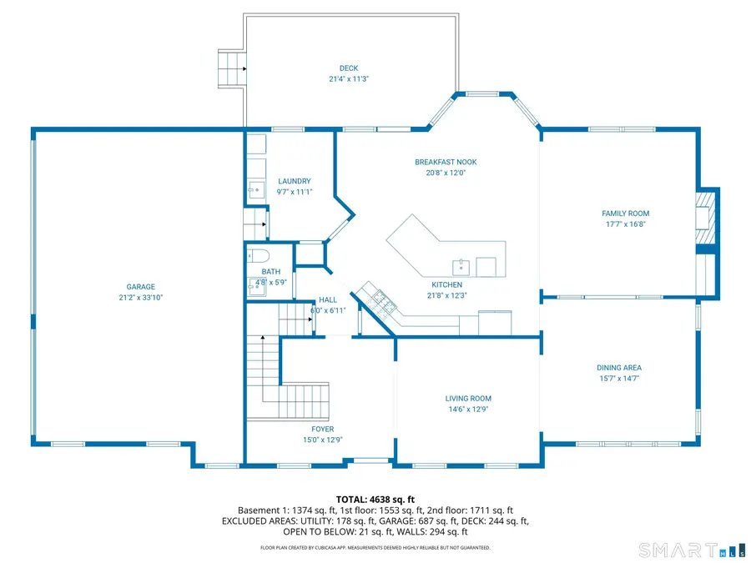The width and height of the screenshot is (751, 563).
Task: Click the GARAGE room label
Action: [141, 287]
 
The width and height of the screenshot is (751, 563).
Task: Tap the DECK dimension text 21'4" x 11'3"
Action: [349, 79]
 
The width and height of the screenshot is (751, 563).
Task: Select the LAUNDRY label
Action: [295, 182]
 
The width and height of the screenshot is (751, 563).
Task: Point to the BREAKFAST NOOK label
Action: [446, 163]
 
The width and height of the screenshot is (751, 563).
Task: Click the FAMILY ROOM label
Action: [626, 214]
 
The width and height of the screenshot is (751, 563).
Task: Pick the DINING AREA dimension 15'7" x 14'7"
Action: [619, 379]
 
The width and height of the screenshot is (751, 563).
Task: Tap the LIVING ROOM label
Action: [468, 399]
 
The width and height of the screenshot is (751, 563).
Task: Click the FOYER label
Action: [323, 430]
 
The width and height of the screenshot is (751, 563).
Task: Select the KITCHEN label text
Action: [447, 285]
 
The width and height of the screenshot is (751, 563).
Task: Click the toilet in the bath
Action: [258, 256]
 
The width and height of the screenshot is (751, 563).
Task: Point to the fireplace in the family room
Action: [705, 218]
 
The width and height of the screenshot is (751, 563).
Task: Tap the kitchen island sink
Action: [461, 268]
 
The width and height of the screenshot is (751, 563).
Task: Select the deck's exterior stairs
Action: [232, 69]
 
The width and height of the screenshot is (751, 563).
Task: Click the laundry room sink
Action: [256, 190]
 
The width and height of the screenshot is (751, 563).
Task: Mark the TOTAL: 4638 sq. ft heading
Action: [375, 500]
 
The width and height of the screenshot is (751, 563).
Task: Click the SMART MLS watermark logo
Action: [693, 550]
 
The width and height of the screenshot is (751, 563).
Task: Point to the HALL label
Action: [328, 300]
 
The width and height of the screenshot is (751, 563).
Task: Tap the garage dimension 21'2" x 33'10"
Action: [141, 298]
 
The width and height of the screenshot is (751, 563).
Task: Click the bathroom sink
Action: [256, 287]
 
